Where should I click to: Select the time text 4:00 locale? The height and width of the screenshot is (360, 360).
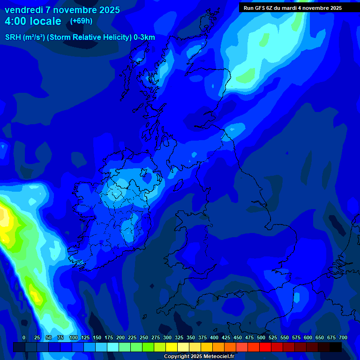pyautogui.click(x=33, y=21)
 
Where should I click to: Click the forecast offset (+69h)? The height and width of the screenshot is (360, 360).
pyautogui.click(x=81, y=21)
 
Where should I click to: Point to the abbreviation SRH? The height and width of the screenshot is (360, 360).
pyautogui.click(x=13, y=37)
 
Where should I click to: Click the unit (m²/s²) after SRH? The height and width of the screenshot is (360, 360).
pyautogui.click(x=34, y=37)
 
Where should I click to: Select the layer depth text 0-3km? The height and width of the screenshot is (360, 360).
pyautogui.click(x=144, y=37)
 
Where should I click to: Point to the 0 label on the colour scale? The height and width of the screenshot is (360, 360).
pyautogui.click(x=24, y=337)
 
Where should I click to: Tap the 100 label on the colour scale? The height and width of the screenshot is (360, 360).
pyautogui.click(x=73, y=337)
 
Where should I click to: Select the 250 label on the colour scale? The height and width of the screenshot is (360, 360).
pyautogui.click(x=144, y=337)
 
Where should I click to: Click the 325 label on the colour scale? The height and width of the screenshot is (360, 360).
pyautogui.click(x=179, y=337)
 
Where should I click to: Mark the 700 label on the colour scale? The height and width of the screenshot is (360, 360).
pyautogui.click(x=343, y=337)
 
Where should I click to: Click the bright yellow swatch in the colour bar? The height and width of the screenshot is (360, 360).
pyautogui.click(x=172, y=347)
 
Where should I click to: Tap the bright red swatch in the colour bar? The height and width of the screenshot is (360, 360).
pyautogui.click(x=265, y=347)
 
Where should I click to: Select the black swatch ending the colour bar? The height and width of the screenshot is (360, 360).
pyautogui.click(x=336, y=347)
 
